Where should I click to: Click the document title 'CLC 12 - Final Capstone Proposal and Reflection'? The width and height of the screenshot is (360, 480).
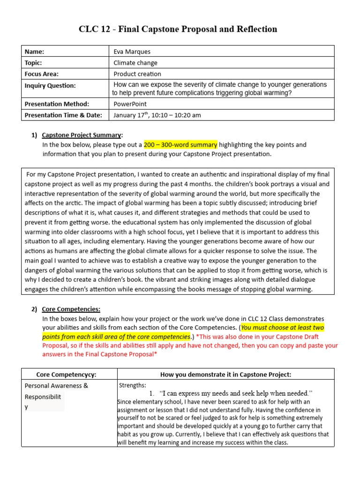178,29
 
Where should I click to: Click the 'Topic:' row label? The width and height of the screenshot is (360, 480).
33,63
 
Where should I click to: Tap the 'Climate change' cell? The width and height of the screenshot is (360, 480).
135,63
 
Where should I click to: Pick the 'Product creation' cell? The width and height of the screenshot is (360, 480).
137,74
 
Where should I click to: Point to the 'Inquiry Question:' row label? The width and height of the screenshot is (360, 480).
50,85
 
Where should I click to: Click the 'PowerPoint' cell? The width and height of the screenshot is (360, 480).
130,104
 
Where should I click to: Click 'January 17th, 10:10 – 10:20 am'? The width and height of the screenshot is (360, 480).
157,115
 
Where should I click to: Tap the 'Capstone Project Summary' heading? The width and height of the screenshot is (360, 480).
82,135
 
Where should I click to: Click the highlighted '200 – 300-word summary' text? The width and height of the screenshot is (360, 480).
180,145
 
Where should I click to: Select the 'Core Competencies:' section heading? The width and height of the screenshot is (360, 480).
71,309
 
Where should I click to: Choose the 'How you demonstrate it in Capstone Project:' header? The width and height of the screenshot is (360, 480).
226,374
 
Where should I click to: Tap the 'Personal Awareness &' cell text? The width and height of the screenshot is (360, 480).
56,386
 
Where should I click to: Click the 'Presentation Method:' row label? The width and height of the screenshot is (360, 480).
56,104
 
